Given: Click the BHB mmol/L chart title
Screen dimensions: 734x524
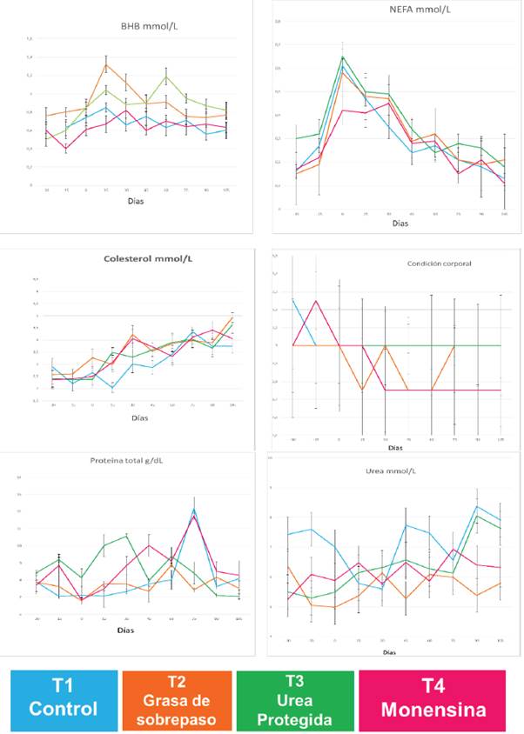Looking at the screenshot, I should pyautogui.click(x=143, y=26).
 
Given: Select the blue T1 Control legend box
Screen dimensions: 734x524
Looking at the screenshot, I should pyautogui.click(x=64, y=699).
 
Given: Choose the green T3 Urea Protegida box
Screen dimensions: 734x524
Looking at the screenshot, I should pyautogui.click(x=295, y=699).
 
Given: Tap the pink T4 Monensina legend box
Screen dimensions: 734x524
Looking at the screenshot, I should pyautogui.click(x=433, y=699).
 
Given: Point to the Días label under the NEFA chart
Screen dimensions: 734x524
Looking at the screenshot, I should pyautogui.click(x=400, y=224).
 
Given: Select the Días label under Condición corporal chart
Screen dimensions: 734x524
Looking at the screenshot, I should pyautogui.click(x=396, y=449).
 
